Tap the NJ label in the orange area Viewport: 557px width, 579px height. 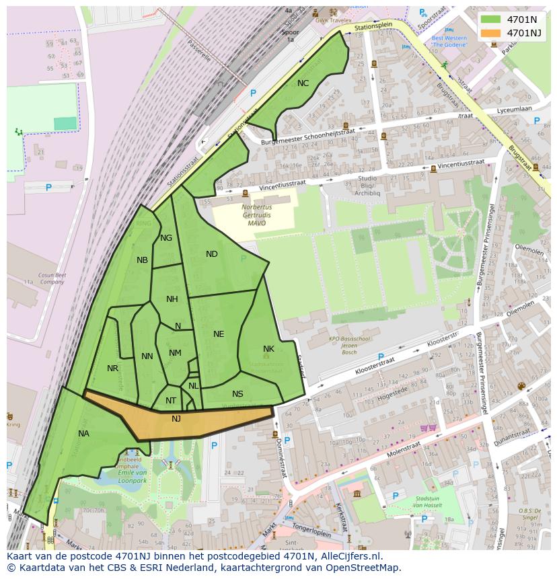(176, 419)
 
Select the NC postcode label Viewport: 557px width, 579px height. (303, 83)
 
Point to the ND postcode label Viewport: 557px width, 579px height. (212, 254)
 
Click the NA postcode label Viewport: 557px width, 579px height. (83, 434)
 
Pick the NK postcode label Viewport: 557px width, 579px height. (268, 349)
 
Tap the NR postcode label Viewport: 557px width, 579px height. (112, 369)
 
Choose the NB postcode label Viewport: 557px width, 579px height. (142, 260)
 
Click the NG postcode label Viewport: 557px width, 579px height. (166, 238)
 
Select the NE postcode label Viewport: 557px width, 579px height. (219, 334)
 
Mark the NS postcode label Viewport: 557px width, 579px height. (237, 394)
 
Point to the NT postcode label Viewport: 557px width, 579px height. (171, 401)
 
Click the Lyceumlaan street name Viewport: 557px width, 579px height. (513, 108)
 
